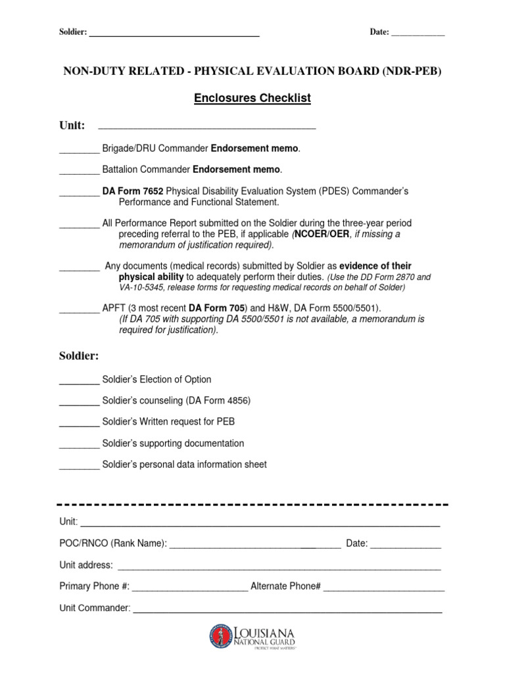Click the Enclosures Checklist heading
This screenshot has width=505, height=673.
(x=252, y=99)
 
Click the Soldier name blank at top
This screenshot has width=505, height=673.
(x=174, y=34)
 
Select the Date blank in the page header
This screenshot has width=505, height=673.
(x=418, y=34)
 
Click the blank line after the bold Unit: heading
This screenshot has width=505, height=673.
(x=206, y=127)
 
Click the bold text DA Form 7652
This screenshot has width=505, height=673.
(x=133, y=191)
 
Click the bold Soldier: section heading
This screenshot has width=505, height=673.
(x=79, y=356)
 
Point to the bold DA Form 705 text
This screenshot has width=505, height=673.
(x=217, y=308)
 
